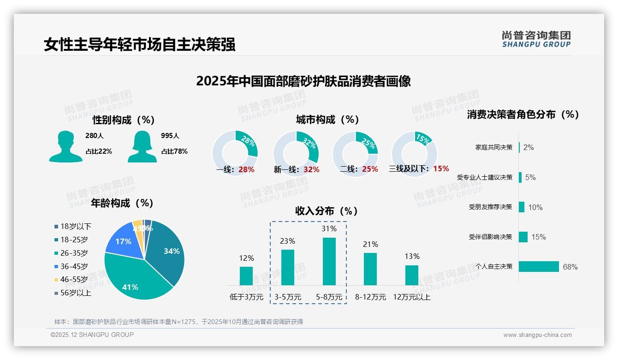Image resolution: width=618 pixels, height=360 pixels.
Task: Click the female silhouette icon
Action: [142, 147]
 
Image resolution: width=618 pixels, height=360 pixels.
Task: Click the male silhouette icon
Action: [65, 147]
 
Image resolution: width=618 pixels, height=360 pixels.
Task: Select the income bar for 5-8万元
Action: [329, 261]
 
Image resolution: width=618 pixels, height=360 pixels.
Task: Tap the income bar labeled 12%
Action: [246, 276]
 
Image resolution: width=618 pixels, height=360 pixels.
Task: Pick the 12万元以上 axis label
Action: [411, 297]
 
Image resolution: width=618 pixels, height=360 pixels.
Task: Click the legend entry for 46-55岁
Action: [74, 280]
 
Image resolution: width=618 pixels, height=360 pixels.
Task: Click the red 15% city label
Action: [441, 169]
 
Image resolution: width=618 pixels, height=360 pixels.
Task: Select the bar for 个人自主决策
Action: [539, 267]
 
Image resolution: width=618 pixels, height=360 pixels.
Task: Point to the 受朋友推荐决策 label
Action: [490, 207]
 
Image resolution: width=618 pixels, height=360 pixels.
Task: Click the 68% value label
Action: [570, 267]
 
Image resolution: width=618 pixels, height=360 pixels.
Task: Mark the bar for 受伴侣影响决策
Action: [523, 237]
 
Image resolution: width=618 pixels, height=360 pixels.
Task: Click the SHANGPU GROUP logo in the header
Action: [536, 39]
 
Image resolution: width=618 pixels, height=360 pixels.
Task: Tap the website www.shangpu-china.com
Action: [537, 335]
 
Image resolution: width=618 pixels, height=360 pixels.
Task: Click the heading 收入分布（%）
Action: [327, 211]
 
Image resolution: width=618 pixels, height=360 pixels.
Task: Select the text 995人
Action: [170, 136]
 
